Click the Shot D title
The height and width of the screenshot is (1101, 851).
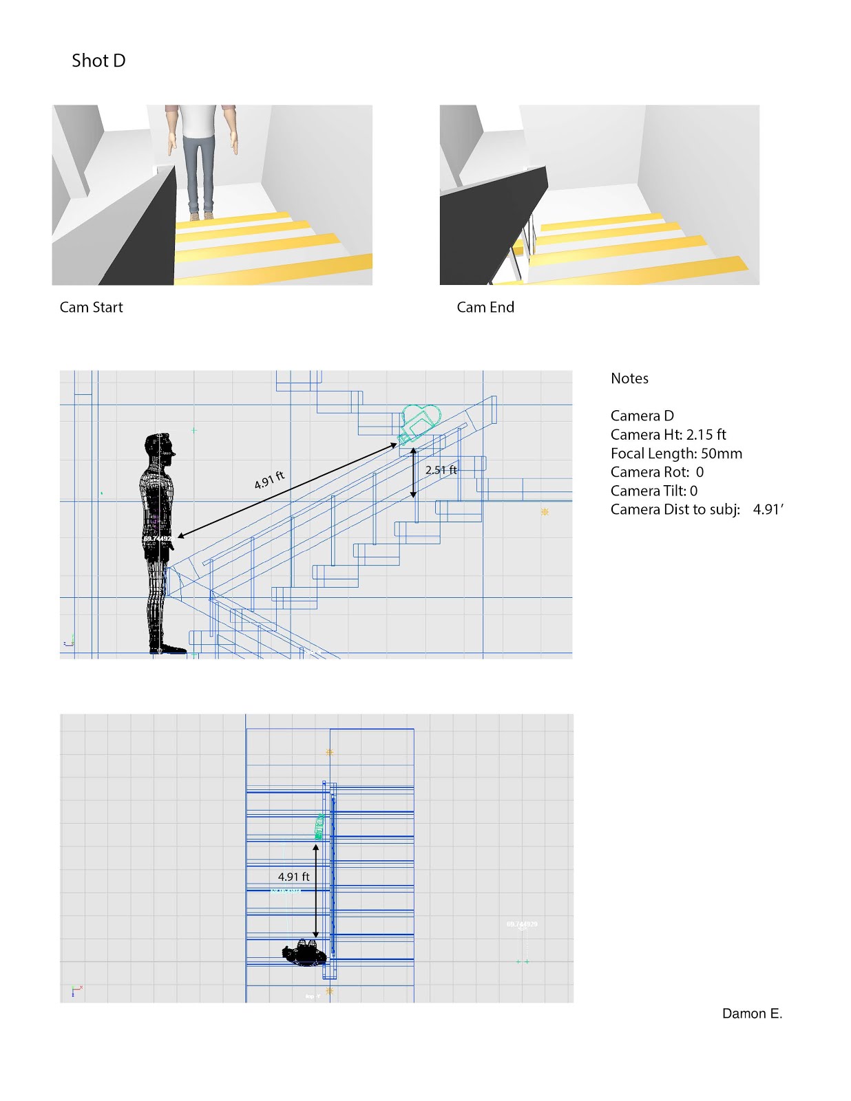(x=98, y=61)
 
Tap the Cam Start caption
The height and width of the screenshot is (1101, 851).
(x=91, y=308)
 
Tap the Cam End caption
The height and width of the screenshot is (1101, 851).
(x=485, y=308)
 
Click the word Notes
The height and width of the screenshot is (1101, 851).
(x=629, y=378)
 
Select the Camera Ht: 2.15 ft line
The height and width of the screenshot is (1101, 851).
(x=668, y=435)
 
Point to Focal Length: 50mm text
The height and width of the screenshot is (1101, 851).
(x=676, y=453)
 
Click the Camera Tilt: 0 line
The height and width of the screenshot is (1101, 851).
(x=653, y=491)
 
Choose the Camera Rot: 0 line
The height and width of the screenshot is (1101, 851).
(x=657, y=472)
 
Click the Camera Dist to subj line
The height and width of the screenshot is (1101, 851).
(x=696, y=510)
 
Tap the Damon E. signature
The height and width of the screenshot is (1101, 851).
(x=752, y=1014)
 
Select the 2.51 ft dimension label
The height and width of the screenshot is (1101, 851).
(x=441, y=470)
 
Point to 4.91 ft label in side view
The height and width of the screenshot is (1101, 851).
(x=269, y=480)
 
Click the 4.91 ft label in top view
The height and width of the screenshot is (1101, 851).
(x=293, y=877)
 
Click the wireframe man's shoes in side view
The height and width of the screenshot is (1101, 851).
(x=167, y=648)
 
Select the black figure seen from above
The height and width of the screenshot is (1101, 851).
(x=304, y=954)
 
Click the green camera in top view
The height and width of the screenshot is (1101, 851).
(x=319, y=826)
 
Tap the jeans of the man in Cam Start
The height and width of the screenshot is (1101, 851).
(x=200, y=172)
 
